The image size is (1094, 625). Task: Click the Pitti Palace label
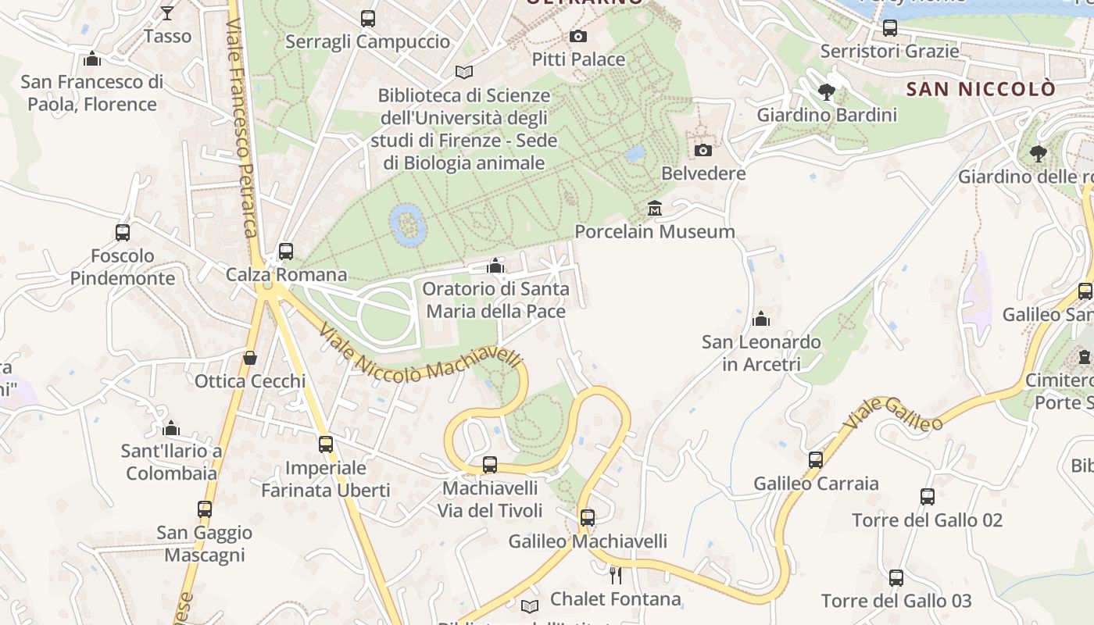tap(578, 59)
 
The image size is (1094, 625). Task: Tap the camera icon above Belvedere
tap(703, 150)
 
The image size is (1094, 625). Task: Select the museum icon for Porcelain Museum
tap(655, 209)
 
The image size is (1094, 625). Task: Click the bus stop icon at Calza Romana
tap(286, 252)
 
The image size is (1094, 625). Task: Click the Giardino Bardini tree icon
tap(826, 92)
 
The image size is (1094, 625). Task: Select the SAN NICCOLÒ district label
tap(980, 89)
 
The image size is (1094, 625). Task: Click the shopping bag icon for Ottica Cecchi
tap(250, 358)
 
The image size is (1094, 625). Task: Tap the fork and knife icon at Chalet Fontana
tap(616, 576)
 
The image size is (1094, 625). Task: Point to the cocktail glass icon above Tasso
tap(167, 12)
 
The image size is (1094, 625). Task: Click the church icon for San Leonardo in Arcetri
tap(760, 319)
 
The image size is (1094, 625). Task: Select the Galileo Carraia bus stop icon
tap(816, 460)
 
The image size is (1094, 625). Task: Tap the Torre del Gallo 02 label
tap(927, 520)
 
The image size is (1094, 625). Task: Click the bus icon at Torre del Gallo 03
tap(896, 578)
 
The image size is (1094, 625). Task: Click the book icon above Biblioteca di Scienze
tap(464, 73)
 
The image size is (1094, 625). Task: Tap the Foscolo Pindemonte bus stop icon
tap(123, 232)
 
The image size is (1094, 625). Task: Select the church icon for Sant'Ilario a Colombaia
tap(171, 428)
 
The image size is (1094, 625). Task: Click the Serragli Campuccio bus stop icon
tap(367, 19)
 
